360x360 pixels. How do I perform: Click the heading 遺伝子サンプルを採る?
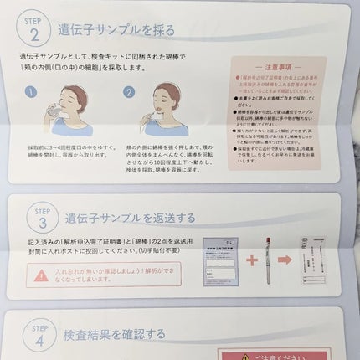116,31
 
